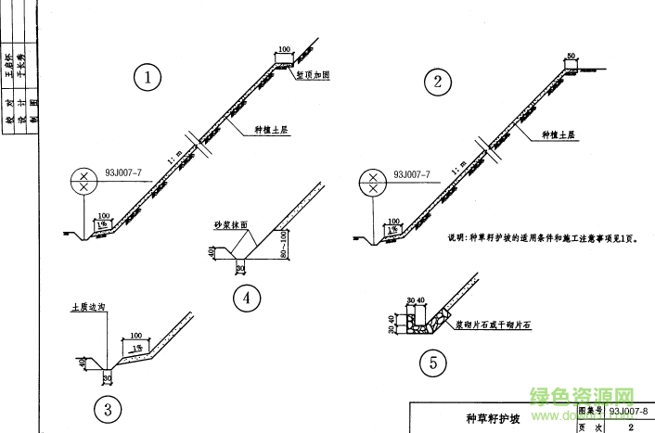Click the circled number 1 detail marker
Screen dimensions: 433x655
[x=147, y=77]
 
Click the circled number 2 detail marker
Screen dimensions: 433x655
[x=436, y=83]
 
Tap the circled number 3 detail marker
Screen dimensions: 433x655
[x=108, y=408]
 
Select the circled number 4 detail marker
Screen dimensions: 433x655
[x=247, y=299]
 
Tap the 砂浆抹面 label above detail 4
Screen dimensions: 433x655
[x=228, y=224]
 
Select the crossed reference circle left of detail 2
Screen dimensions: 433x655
[x=372, y=181]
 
